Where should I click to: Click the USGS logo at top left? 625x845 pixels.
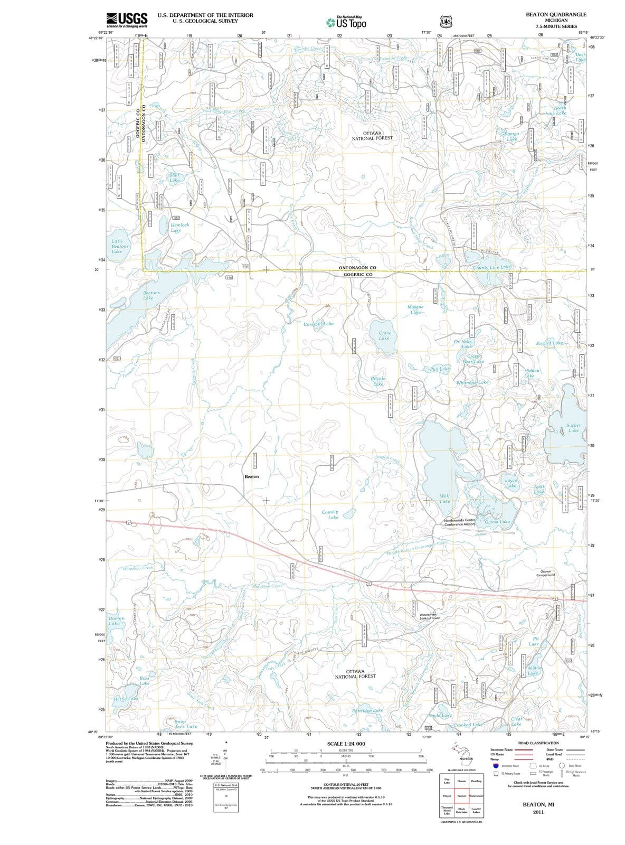pyautogui.click(x=126, y=21)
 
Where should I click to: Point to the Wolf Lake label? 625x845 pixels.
pyautogui.click(x=444, y=499)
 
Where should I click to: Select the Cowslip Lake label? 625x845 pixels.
pyautogui.click(x=333, y=515)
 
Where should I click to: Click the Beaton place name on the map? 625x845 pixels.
pyautogui.click(x=251, y=476)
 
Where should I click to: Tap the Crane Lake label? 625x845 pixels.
pyautogui.click(x=385, y=335)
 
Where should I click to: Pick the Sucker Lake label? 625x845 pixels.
pyautogui.click(x=573, y=428)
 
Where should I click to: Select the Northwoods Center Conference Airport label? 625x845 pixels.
pyautogui.click(x=460, y=522)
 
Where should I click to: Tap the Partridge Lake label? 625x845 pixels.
pyautogui.click(x=367, y=710)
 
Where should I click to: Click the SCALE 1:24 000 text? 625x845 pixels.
pyautogui.click(x=346, y=744)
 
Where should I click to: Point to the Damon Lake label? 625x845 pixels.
pyautogui.click(x=116, y=621)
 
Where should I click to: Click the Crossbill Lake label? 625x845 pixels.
pyautogui.click(x=318, y=324)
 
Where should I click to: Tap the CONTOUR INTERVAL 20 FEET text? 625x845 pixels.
pyautogui.click(x=346, y=785)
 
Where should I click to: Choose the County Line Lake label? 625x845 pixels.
pyautogui.click(x=491, y=268)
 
